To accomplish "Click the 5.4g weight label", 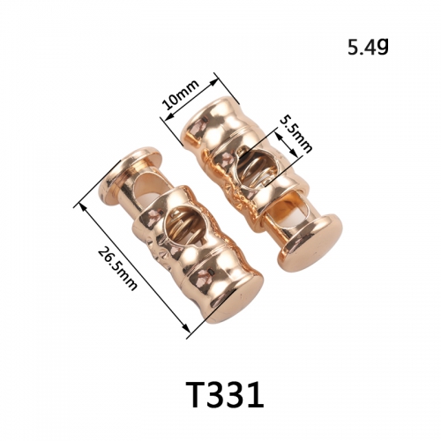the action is (368, 47).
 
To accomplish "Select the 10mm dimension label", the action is (182, 94).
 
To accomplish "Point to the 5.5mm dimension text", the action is (295, 134).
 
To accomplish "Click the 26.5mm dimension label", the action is (117, 268).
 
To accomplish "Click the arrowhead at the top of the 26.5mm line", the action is (83, 207).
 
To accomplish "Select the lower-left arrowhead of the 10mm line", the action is (168, 117).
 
